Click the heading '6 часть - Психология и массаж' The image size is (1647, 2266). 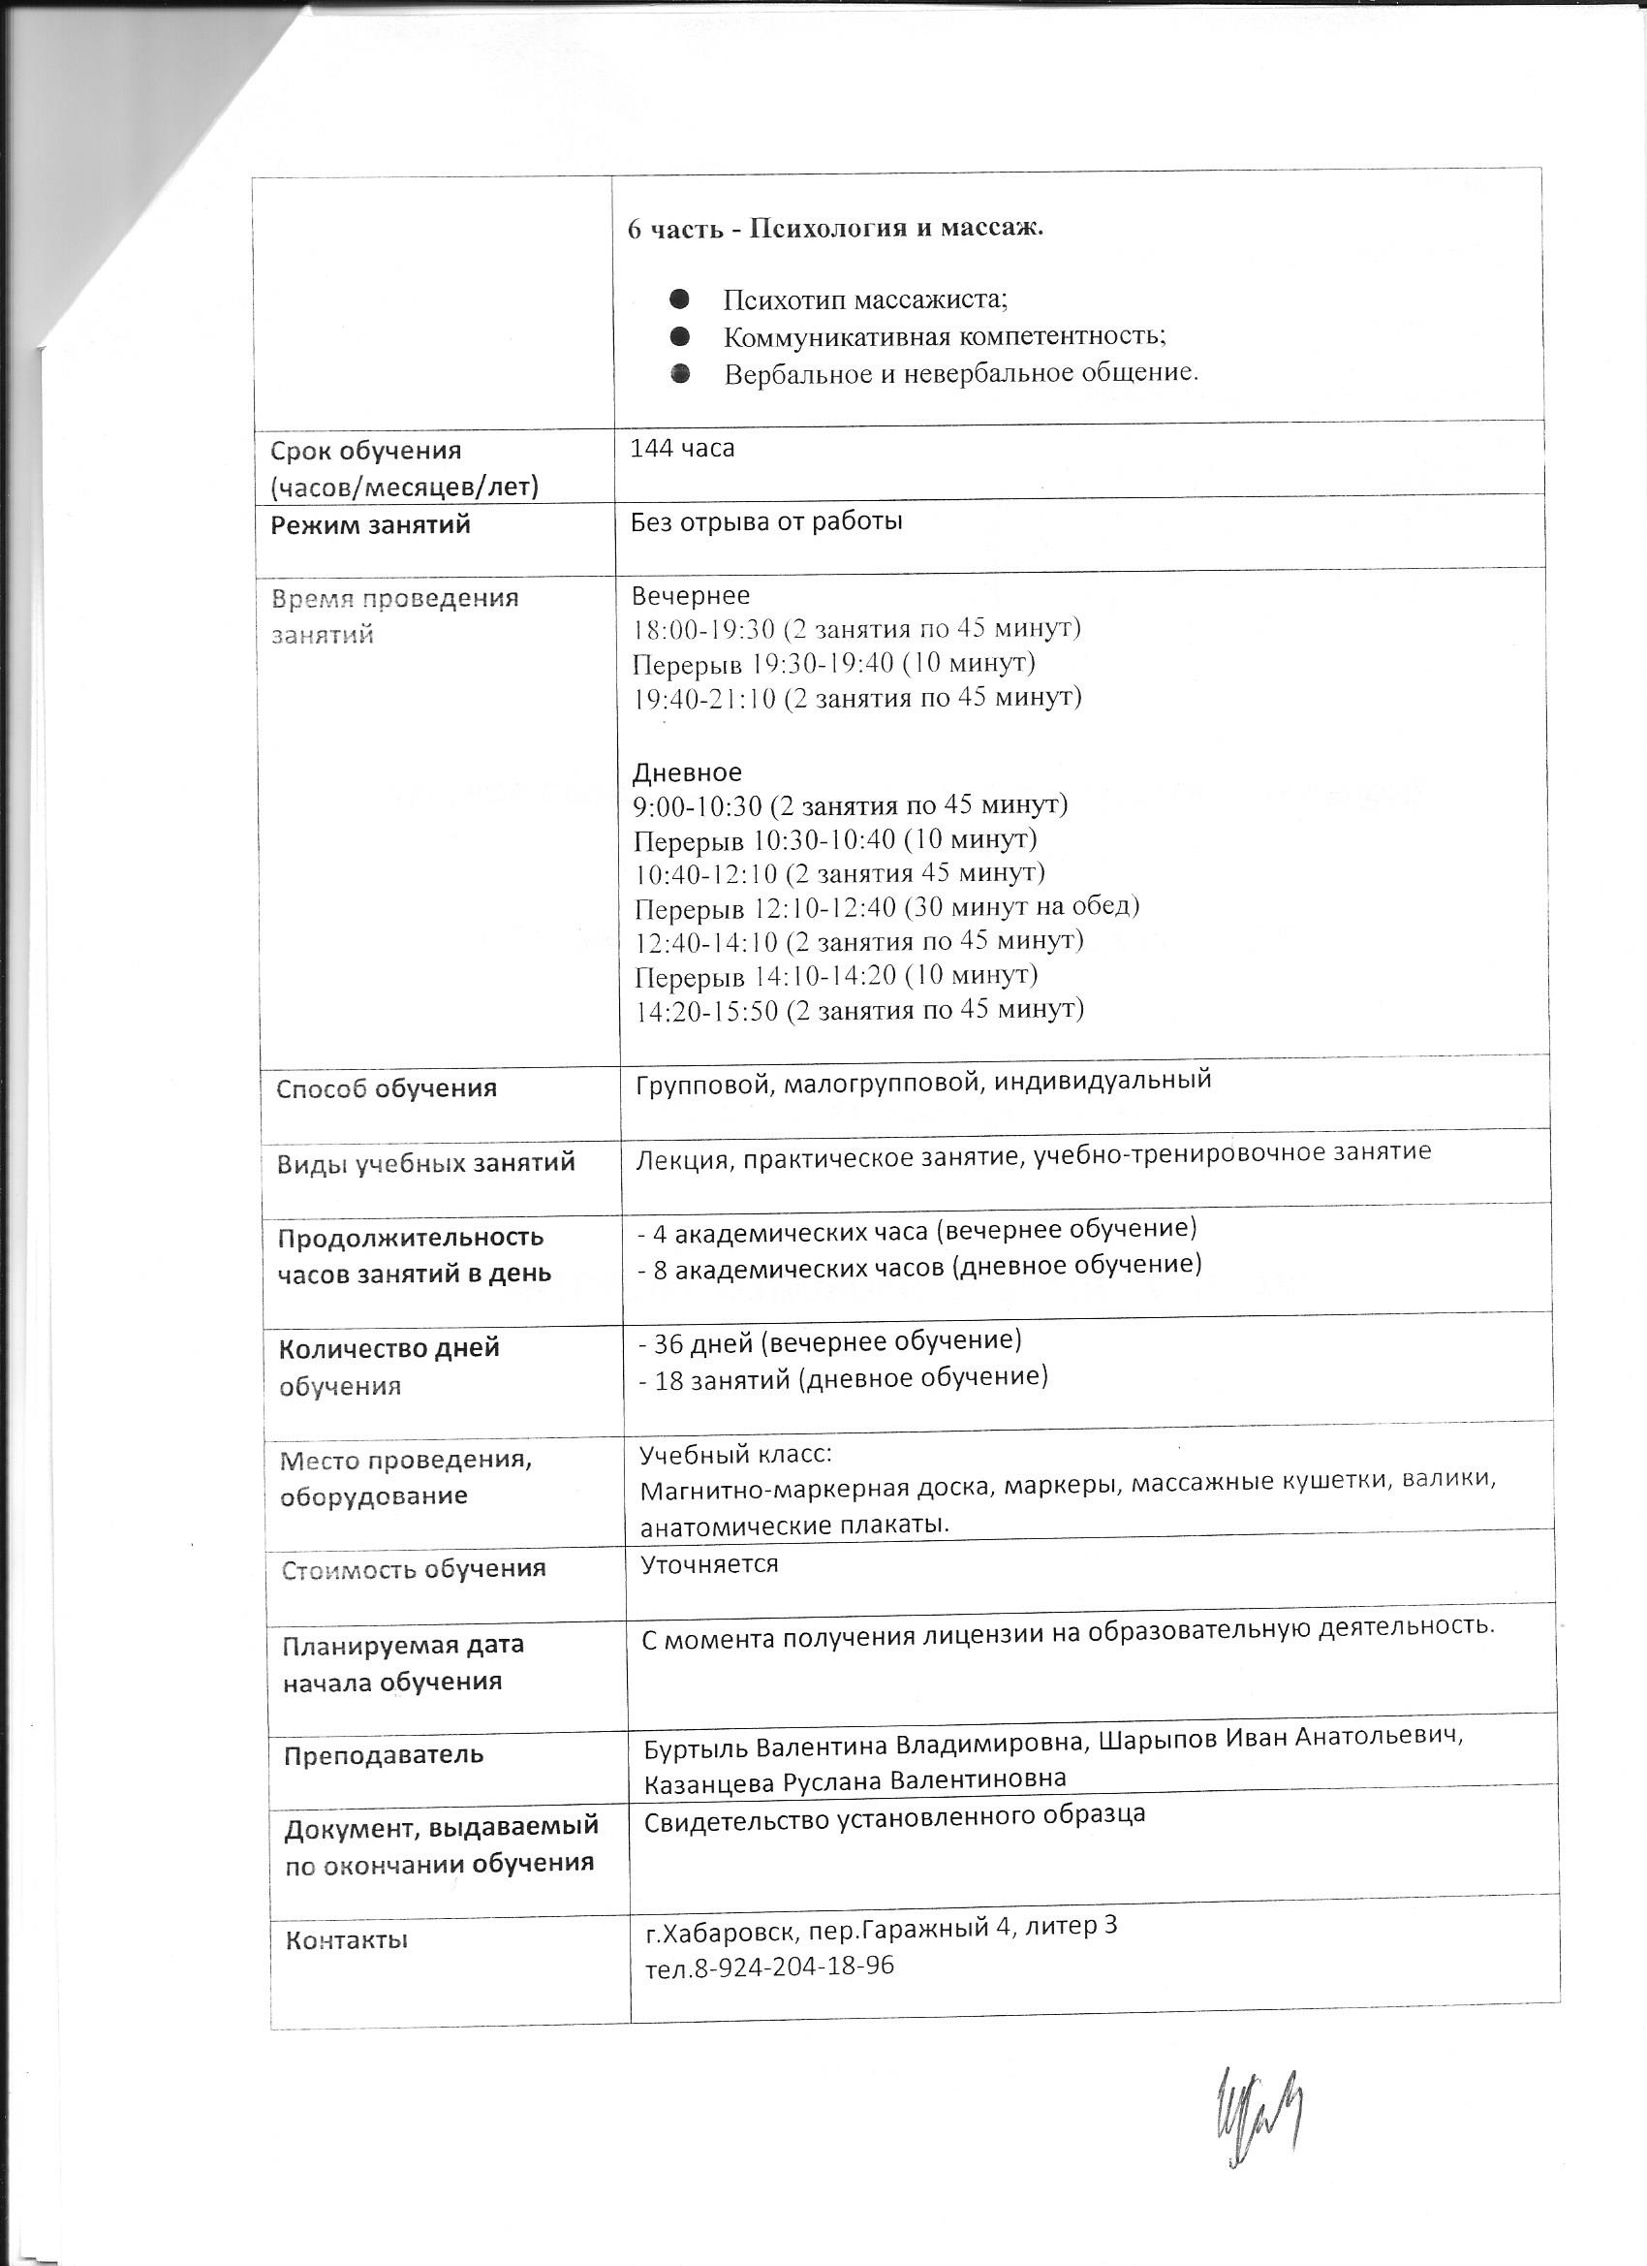coord(834,228)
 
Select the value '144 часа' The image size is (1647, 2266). coord(682,449)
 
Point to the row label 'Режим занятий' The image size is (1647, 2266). coord(370,524)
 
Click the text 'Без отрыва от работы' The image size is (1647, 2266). coord(766,521)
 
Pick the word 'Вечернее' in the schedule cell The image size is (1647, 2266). coord(690,596)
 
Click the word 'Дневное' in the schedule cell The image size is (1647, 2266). coord(687,771)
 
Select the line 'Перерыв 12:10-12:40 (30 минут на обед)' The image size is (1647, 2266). coord(886,907)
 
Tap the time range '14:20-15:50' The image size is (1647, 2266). coord(707,1010)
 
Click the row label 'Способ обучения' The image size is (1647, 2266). coord(387,1088)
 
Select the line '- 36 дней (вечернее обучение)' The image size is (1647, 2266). coord(830,1339)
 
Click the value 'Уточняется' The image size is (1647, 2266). coord(709,1563)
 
